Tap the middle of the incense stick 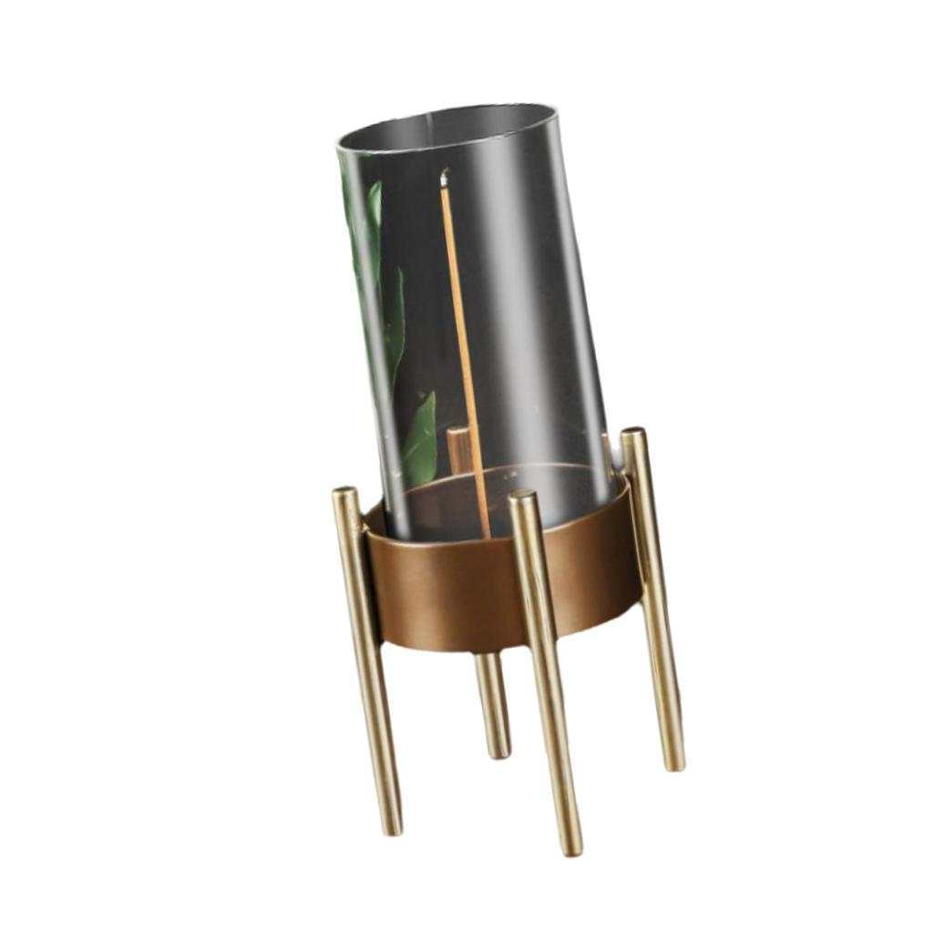pyautogui.click(x=466, y=355)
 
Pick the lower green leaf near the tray pyautogui.click(x=420, y=442)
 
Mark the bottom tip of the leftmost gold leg pyautogui.click(x=391, y=827)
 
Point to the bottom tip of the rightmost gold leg pyautogui.click(x=673, y=764)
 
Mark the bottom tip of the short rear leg pyautogui.click(x=498, y=752)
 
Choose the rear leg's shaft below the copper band pyautogui.click(x=491, y=702)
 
